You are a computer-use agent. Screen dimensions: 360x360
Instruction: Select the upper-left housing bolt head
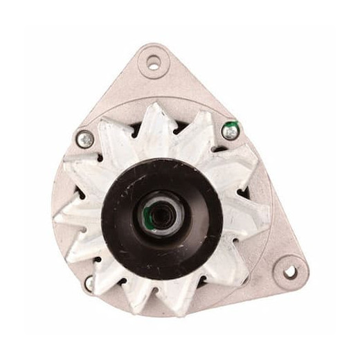(x=86, y=139)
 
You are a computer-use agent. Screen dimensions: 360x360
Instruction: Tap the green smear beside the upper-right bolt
(x=234, y=125)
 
